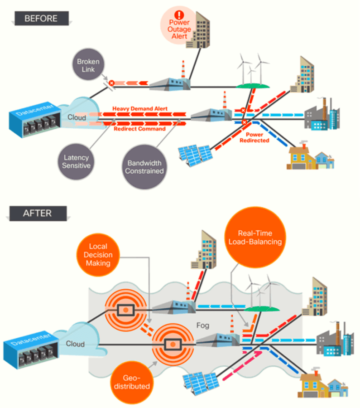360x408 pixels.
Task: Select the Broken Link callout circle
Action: (88, 66)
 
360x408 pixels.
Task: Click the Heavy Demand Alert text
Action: (140, 109)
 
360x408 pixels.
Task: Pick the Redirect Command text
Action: (140, 129)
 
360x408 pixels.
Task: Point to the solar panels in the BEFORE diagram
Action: (195, 155)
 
